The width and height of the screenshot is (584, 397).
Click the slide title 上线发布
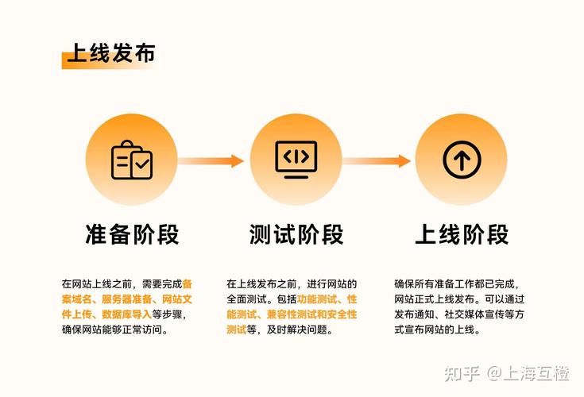point(110,53)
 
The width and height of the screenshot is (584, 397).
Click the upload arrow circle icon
point(461,160)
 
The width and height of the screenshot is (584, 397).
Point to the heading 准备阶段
point(132,235)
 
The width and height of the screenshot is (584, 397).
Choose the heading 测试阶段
point(296,235)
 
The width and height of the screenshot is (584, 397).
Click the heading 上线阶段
point(462,235)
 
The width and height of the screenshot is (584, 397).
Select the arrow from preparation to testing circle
point(211,160)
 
